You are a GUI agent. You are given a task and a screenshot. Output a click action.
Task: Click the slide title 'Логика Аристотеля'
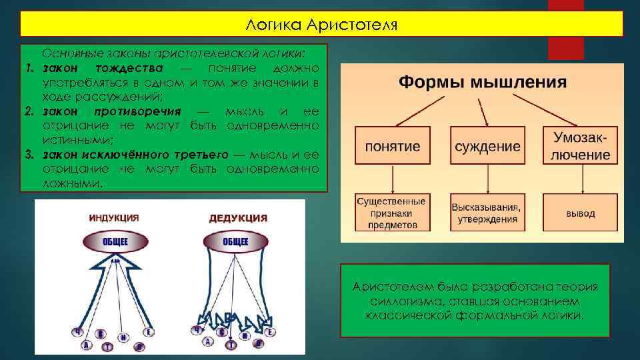tap(321, 25)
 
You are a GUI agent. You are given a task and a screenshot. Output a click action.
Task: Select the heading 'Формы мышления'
tap(483, 83)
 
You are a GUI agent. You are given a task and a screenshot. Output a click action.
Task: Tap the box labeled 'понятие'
tap(392, 146)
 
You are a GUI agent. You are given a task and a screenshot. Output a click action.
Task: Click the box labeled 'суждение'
tap(487, 146)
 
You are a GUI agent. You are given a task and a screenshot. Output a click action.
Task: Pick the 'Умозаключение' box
tap(581, 146)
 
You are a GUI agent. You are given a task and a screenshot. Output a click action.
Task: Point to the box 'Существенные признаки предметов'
tap(391, 213)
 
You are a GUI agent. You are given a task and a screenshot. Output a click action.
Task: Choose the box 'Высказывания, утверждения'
tap(486, 213)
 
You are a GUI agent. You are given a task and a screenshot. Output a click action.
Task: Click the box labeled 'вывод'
tap(581, 213)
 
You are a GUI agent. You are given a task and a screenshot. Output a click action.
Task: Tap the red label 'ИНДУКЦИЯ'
tap(114, 218)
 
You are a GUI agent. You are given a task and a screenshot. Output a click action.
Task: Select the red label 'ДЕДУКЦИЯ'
tap(238, 218)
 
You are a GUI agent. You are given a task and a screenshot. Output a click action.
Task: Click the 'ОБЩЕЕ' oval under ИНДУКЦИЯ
tap(115, 241)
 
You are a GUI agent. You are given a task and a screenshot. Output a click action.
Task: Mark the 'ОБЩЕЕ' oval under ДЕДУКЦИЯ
tap(235, 241)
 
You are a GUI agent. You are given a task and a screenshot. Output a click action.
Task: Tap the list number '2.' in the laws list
tap(30, 111)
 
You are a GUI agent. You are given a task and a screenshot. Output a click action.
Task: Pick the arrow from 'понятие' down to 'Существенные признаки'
tap(392, 179)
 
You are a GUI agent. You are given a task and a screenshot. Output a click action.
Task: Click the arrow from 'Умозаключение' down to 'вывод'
tap(581, 179)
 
